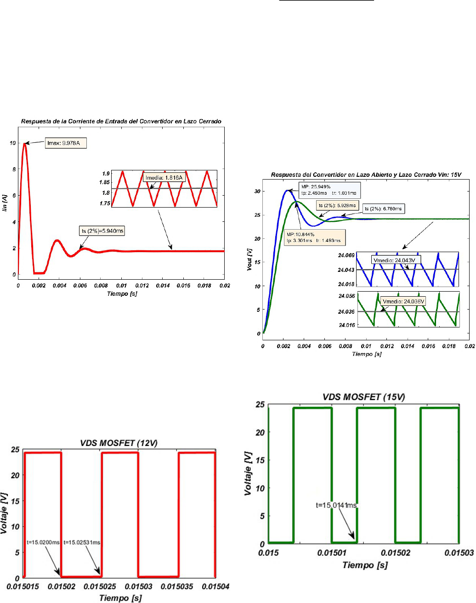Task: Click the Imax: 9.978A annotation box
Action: [66, 143]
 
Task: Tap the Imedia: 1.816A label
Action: [164, 178]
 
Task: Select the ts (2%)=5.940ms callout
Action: [102, 231]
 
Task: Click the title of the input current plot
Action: [121, 121]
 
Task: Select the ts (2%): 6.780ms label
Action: [383, 209]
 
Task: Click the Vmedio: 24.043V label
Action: [394, 260]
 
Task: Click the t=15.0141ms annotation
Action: [336, 505]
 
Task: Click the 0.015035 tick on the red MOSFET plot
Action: [177, 586]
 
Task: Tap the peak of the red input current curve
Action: [25, 144]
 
